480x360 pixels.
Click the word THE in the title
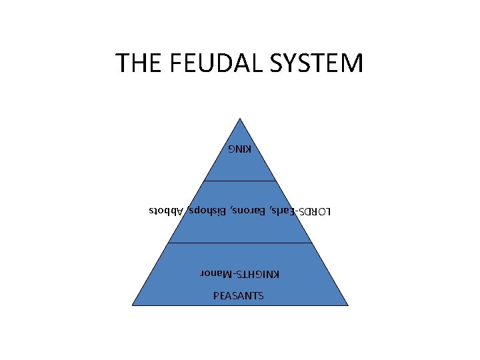point(137,63)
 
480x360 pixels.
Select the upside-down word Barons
point(246,212)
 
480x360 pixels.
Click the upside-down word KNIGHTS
point(261,274)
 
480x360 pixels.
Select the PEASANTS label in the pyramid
point(239,295)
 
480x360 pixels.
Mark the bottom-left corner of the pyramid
point(132,305)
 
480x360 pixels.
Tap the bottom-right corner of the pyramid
point(348,305)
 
